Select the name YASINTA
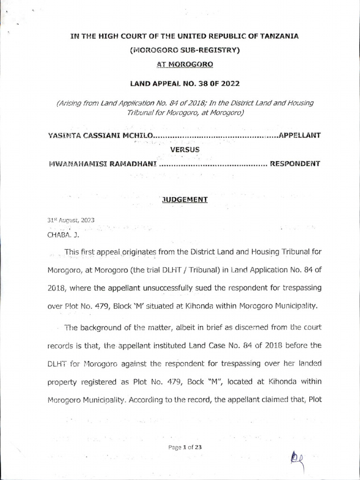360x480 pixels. click(65, 135)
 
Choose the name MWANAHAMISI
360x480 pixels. click(75, 164)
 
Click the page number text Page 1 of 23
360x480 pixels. click(185, 447)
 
